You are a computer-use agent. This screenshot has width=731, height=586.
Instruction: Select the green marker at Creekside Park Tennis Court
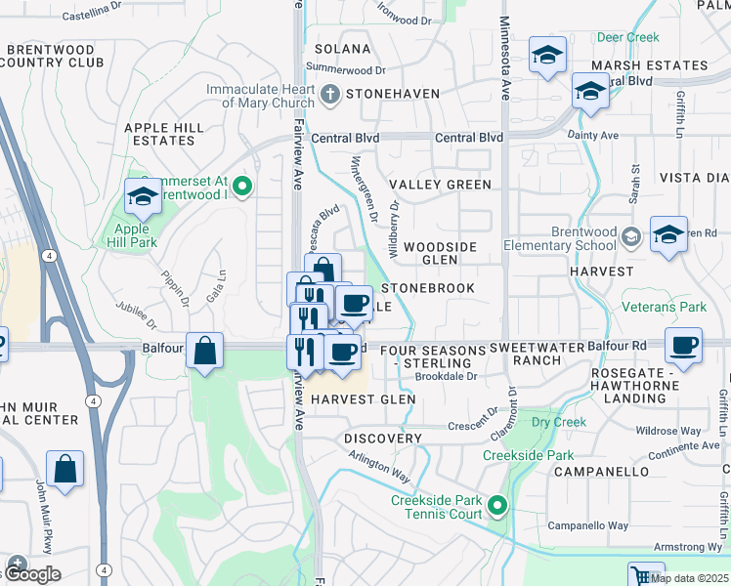tap(497, 506)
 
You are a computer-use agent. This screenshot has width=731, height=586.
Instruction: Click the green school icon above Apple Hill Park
tap(143, 197)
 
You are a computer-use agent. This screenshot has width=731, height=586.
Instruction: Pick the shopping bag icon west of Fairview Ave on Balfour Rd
tap(205, 351)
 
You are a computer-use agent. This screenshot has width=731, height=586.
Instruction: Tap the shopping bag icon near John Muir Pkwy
tap(64, 468)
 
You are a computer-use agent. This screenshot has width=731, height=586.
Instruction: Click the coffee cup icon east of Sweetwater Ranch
tap(682, 345)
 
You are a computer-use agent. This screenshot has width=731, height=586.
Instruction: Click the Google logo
tap(31, 574)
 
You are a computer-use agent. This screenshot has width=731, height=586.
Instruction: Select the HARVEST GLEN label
tap(364, 399)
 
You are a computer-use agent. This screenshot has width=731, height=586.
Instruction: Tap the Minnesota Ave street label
tap(505, 59)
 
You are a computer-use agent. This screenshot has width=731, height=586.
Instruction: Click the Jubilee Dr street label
tap(135, 314)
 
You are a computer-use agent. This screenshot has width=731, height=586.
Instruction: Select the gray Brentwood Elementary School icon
tap(631, 236)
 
